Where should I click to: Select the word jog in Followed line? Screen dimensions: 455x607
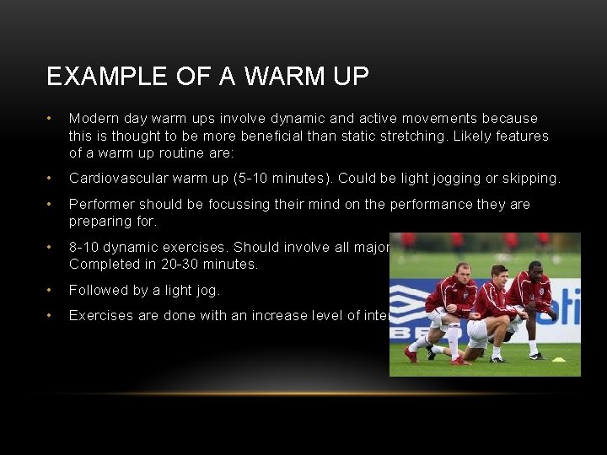click(206, 290)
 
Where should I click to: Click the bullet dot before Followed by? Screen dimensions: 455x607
click(51, 290)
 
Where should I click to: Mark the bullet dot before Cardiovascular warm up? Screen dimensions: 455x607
click(51, 179)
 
